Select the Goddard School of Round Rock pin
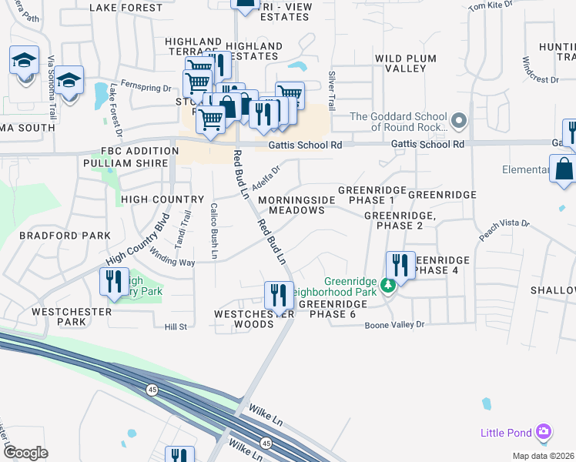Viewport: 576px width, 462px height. point(460,120)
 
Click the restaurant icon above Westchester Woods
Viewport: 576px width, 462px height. point(279,294)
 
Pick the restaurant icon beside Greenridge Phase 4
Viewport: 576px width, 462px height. point(400,266)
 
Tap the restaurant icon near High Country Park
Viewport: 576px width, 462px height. point(114,282)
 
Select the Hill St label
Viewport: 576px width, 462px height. point(176,327)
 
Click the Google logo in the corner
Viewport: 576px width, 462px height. point(25,453)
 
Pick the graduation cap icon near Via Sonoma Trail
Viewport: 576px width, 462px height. point(25,59)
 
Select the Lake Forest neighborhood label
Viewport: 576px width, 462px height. point(126,8)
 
